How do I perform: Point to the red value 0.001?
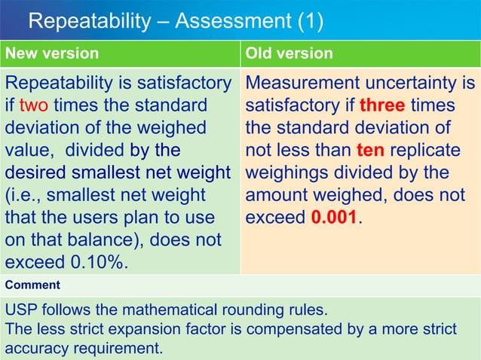[x=335, y=218]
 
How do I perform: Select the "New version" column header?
[x=52, y=53]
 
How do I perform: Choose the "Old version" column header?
[x=289, y=53]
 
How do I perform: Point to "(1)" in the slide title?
[x=310, y=21]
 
